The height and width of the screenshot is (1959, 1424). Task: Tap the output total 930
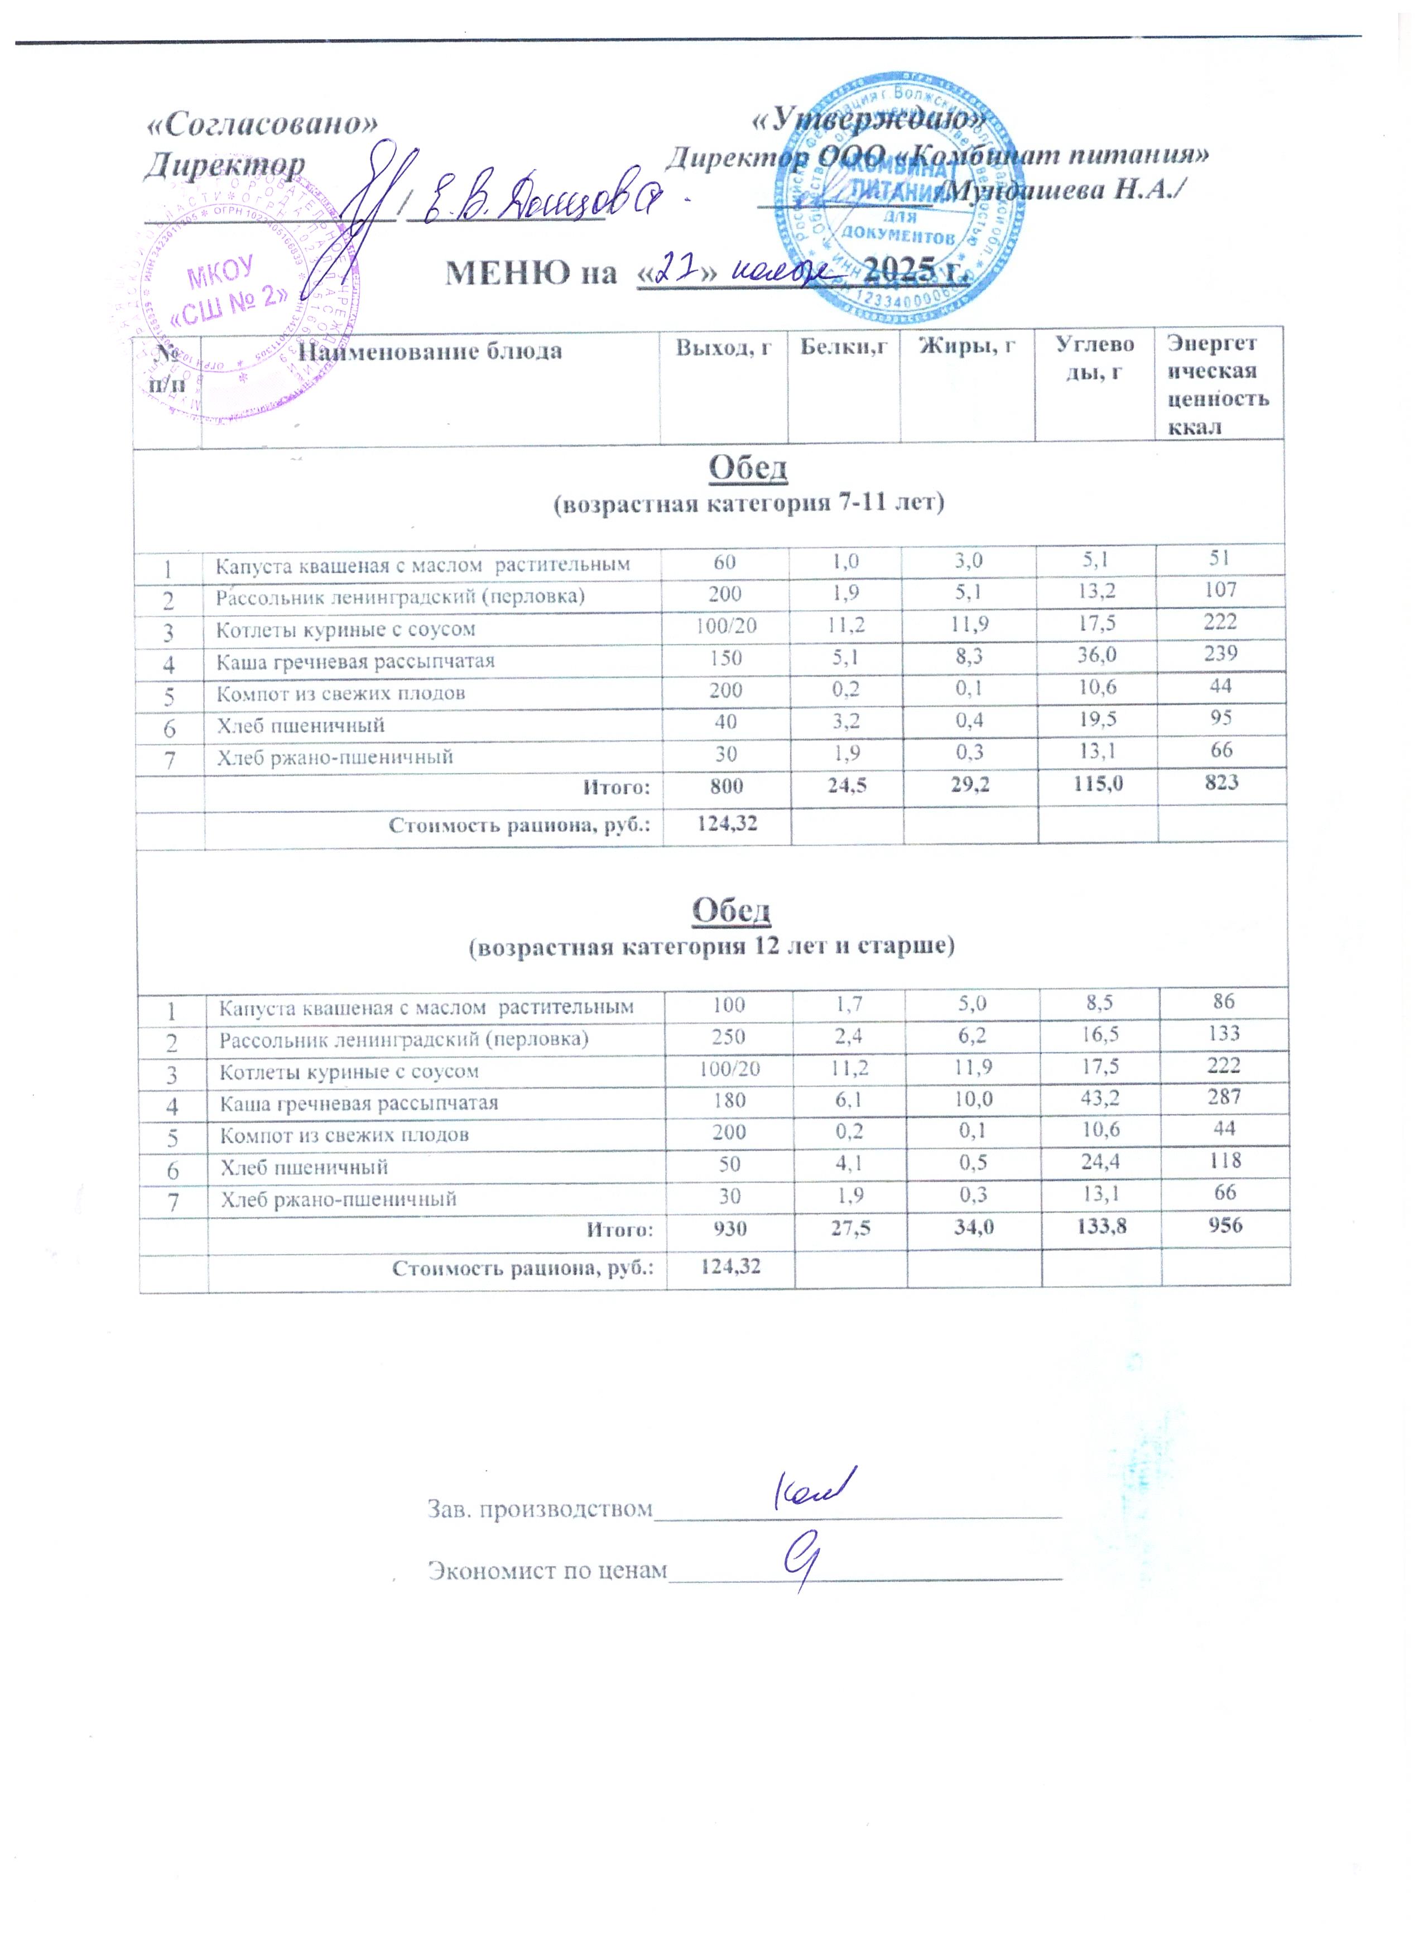coord(730,1227)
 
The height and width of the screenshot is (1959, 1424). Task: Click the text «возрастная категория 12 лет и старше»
coord(711,947)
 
